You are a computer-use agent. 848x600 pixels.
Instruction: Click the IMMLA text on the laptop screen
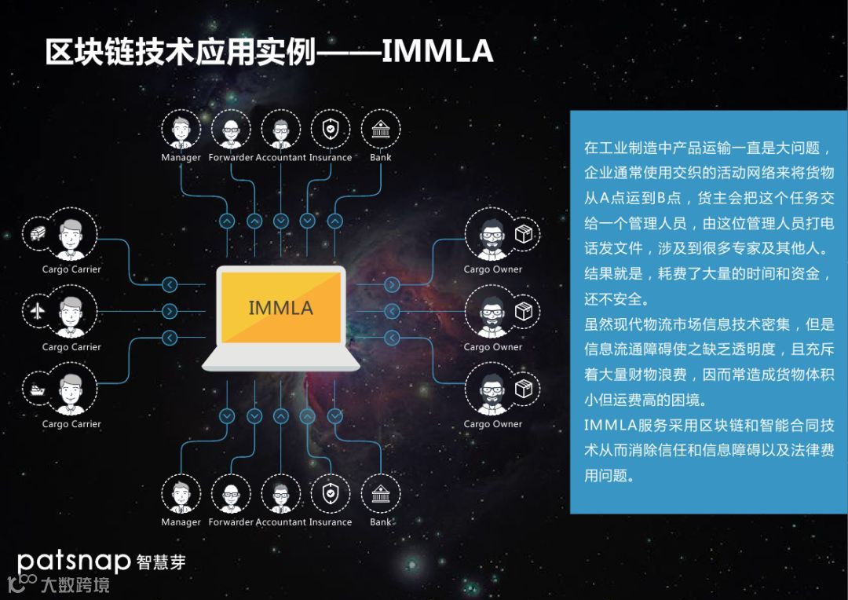[280, 307]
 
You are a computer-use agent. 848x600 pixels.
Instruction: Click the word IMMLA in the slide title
[437, 51]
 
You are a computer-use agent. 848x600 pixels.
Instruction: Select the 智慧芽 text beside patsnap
[161, 562]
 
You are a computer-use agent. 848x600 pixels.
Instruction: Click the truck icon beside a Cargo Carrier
[37, 234]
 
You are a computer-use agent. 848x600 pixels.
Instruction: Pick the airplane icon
[37, 311]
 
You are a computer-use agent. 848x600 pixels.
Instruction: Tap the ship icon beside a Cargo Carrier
[37, 389]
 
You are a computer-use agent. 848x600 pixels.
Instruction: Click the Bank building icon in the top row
[381, 129]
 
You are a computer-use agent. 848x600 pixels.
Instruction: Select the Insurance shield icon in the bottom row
[331, 494]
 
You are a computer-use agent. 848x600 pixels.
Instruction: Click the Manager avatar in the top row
[181, 129]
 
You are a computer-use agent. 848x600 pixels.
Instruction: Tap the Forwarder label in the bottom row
[231, 522]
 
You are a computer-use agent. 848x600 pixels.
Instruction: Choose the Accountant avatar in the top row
[280, 129]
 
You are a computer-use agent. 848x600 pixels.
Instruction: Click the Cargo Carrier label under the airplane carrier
[71, 347]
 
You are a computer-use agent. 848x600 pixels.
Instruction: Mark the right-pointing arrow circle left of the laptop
[170, 311]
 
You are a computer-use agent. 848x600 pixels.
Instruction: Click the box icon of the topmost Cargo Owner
[523, 234]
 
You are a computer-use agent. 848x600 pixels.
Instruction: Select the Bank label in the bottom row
[381, 522]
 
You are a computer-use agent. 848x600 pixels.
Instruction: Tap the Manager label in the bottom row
[181, 522]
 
